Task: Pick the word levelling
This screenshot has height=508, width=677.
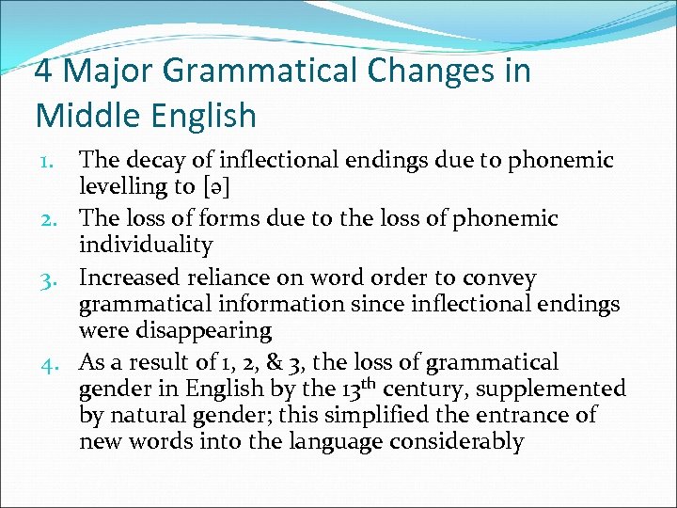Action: point(121,186)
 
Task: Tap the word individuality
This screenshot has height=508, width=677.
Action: point(146,245)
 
